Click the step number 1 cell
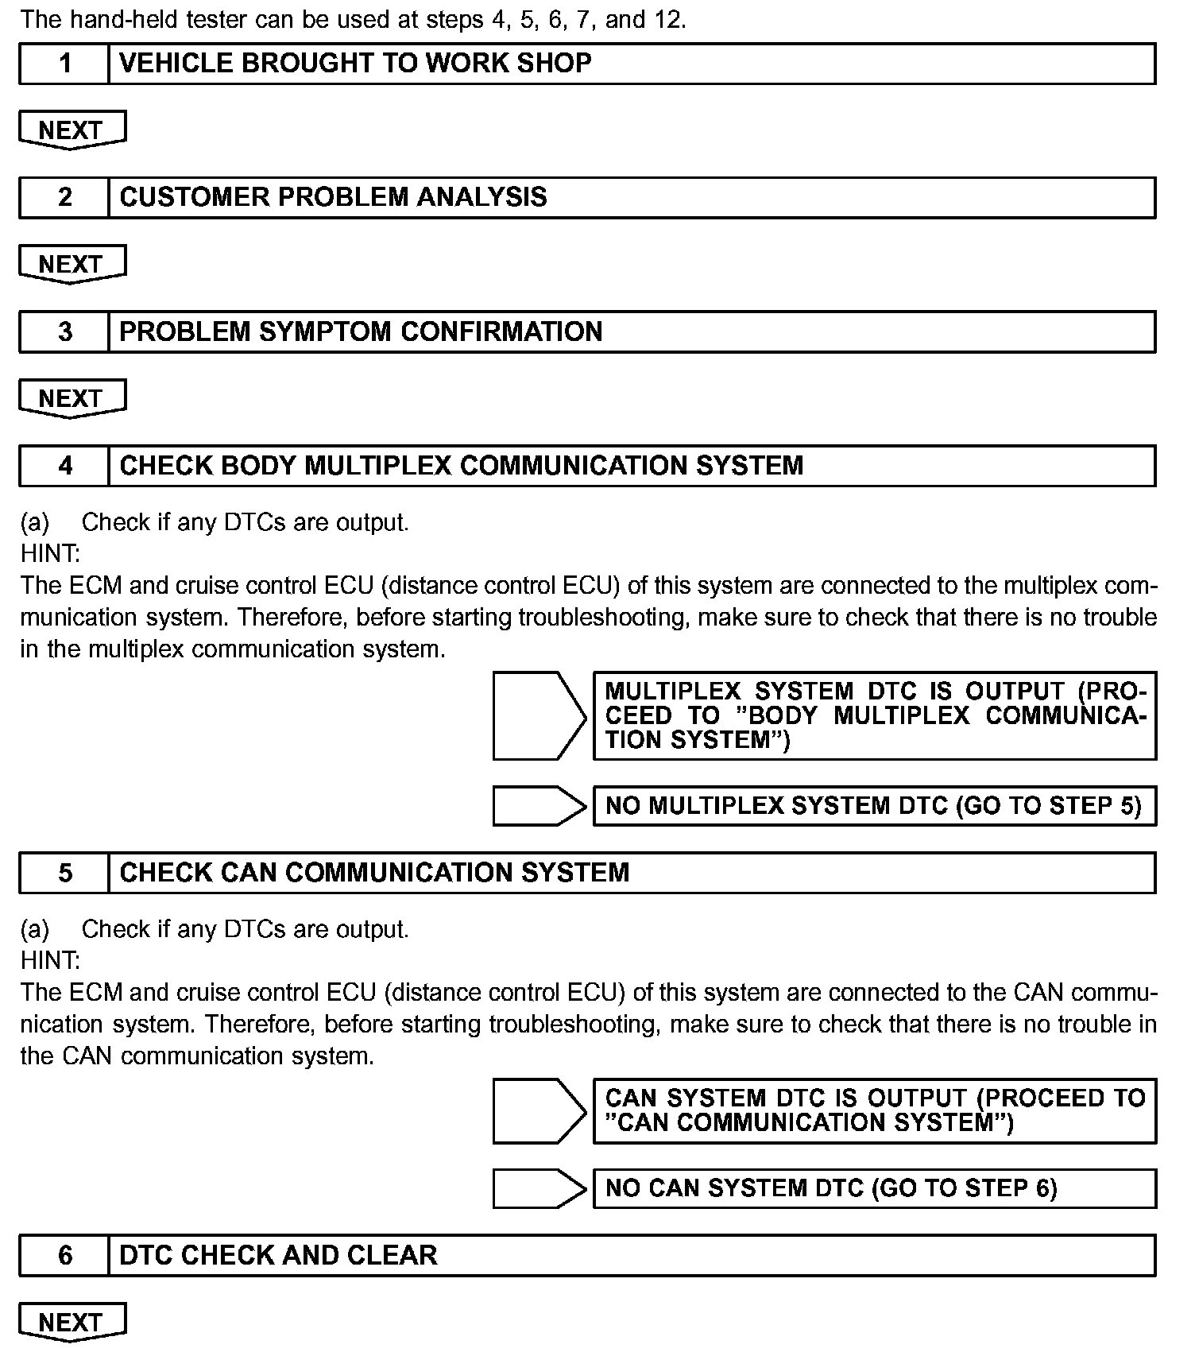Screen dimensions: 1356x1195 [64, 64]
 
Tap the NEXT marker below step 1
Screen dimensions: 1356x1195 [72, 130]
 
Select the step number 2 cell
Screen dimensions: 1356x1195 [64, 197]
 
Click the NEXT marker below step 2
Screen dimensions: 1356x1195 [72, 264]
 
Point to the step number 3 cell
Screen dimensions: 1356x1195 [64, 331]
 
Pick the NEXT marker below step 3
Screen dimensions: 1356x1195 [72, 397]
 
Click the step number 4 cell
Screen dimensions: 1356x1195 [64, 466]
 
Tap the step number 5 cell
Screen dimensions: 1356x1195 [64, 873]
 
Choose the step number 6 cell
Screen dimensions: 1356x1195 [64, 1255]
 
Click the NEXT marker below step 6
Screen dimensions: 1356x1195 [72, 1322]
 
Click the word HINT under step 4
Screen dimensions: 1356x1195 [50, 553]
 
